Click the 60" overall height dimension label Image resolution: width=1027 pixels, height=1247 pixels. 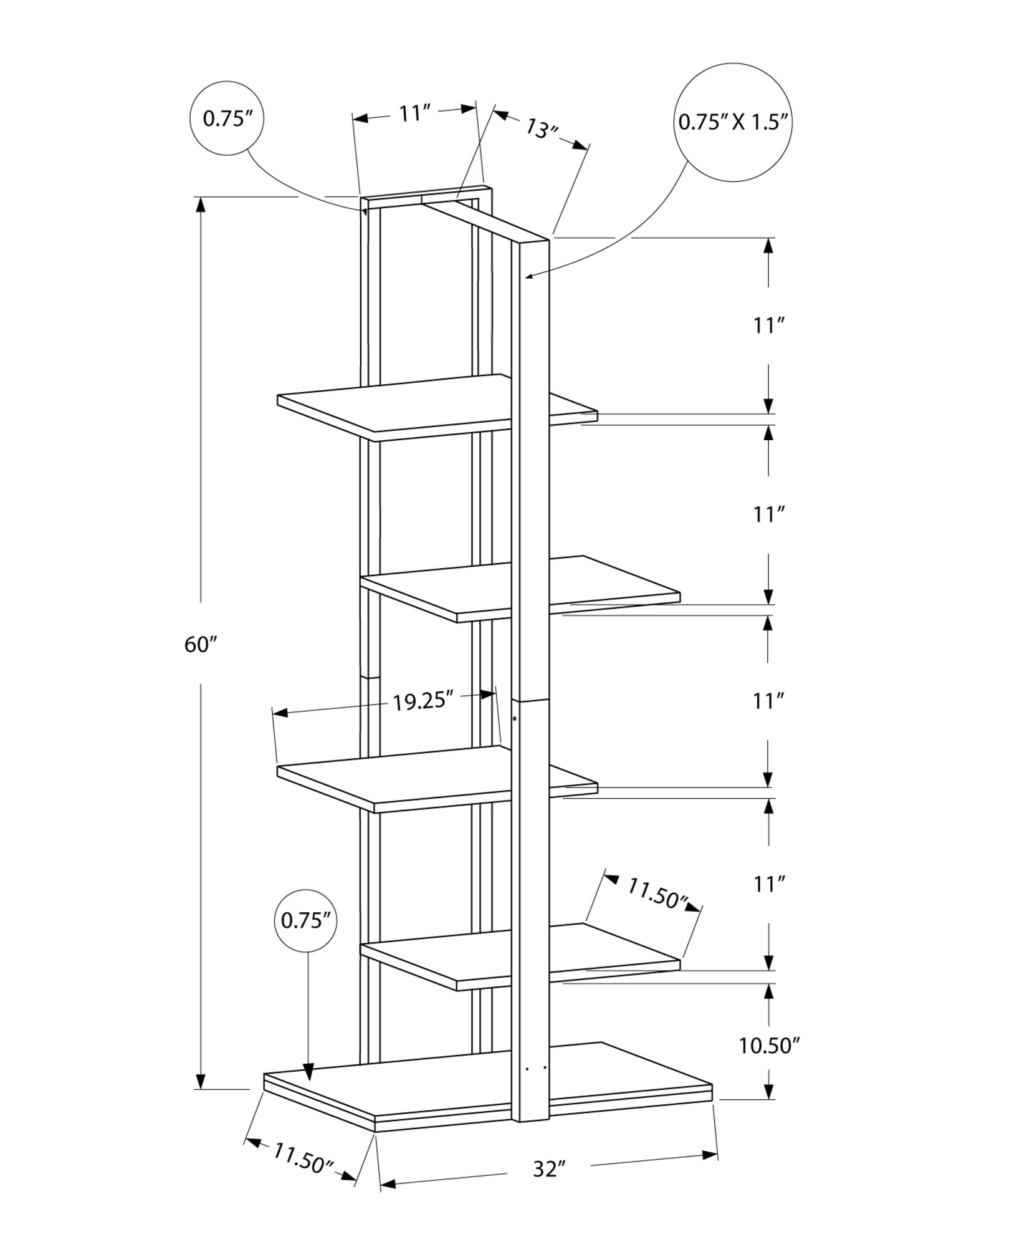[199, 644]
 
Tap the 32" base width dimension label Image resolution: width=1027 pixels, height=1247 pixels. [548, 1168]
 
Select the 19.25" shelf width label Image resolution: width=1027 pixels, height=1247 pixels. [422, 701]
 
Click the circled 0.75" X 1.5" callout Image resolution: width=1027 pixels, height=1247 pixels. [734, 122]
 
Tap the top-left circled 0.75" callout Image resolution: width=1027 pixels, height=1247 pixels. [226, 118]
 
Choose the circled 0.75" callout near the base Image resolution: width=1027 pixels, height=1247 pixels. [305, 920]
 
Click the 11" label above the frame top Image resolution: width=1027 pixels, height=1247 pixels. [415, 113]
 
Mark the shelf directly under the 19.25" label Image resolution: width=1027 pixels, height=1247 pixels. [399, 779]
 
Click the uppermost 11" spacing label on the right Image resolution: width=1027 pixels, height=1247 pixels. [768, 325]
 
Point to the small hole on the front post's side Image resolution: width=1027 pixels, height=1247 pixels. [514, 719]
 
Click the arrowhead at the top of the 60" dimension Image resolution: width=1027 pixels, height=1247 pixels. [200, 205]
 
